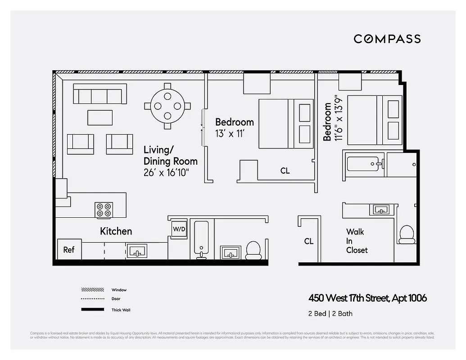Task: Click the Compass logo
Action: (387, 39)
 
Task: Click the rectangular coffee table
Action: (100, 117)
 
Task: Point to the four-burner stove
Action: (104, 210)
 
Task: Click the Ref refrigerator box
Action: (69, 249)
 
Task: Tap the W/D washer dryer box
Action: (179, 229)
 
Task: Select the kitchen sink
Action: (138, 251)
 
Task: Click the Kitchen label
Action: (116, 231)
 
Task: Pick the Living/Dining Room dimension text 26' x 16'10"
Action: (166, 172)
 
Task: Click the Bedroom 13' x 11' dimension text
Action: (230, 134)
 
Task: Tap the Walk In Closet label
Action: (357, 241)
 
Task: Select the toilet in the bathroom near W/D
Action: (253, 250)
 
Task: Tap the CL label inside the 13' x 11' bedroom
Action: (285, 171)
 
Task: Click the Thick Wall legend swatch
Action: (92, 310)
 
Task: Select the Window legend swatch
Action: (92, 290)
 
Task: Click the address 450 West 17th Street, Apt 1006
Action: (367, 298)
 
